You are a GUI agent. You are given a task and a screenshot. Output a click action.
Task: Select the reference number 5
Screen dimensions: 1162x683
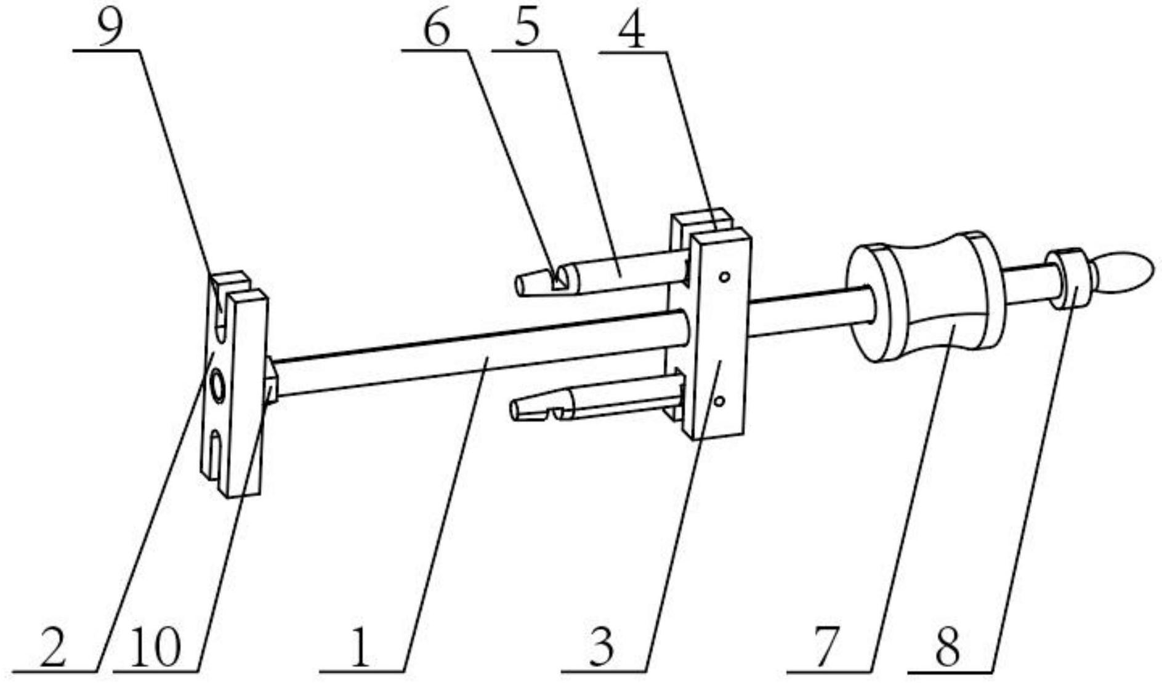pyautogui.click(x=527, y=29)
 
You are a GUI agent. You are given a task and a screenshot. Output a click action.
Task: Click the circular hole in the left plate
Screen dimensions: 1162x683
pyautogui.click(x=217, y=386)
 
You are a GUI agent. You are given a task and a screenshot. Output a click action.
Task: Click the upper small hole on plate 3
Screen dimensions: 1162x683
pyautogui.click(x=725, y=276)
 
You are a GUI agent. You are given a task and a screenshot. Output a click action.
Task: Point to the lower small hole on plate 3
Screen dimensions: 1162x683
pyautogui.click(x=719, y=401)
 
